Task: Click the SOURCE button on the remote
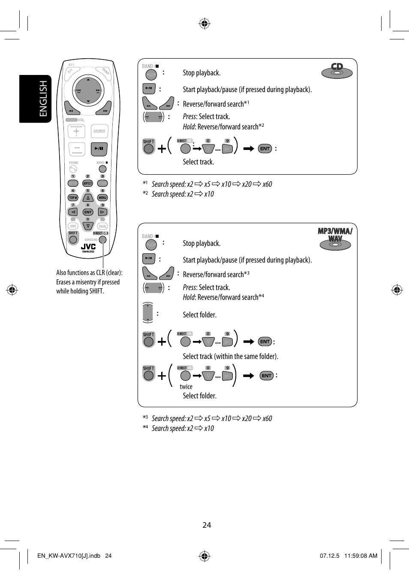coord(99,132)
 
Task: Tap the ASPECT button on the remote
coord(87,183)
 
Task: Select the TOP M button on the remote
coord(73,197)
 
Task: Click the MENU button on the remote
coord(102,197)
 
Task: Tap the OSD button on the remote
coord(73,226)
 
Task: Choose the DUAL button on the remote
coord(102,226)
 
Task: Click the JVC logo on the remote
coord(88,246)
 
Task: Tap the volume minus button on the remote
coord(77,149)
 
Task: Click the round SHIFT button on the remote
coord(73,239)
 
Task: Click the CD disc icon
coord(337,71)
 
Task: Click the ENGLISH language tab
coord(36,99)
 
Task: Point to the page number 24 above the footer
coord(207,525)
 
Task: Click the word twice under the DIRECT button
coord(186,386)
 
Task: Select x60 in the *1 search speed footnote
coord(267,184)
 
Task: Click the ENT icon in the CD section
coord(265,149)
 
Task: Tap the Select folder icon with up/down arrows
coord(147,312)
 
